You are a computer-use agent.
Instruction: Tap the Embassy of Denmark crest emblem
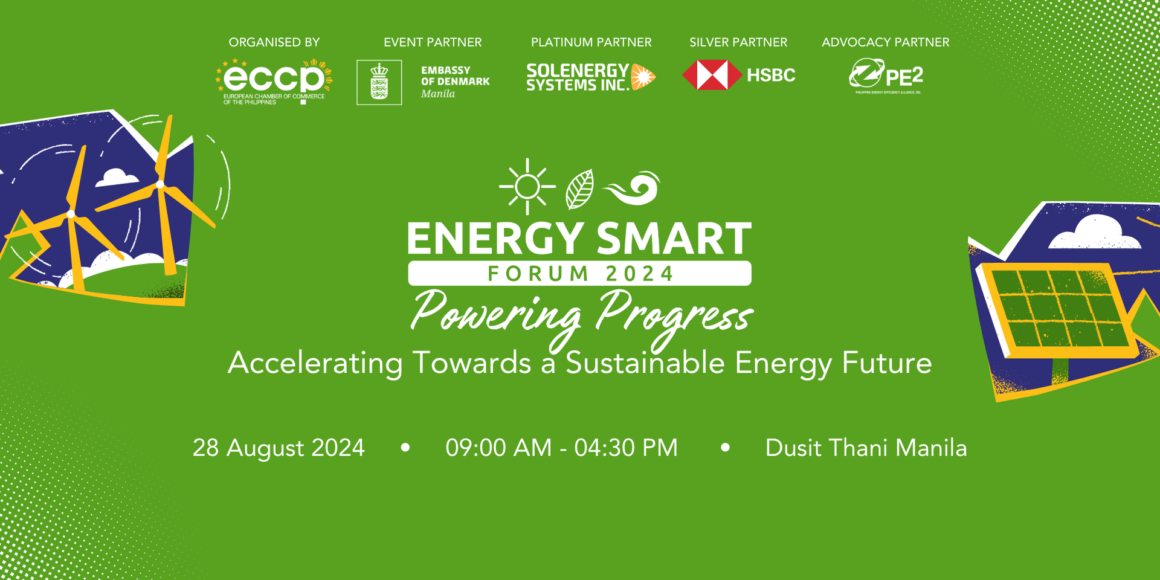pos(379,82)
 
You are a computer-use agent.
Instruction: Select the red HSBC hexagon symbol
pos(712,76)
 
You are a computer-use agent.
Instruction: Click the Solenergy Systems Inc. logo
pos(590,77)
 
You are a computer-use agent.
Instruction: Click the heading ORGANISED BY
pos(274,42)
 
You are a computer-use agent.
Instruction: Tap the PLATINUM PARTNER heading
pos(591,42)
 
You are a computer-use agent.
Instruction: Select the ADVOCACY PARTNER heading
pos(885,42)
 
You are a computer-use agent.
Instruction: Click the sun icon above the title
pos(527,187)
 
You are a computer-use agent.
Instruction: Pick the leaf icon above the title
pos(579,189)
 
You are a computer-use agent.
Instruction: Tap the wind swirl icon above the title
pos(633,188)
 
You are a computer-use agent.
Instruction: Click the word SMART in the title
pos(674,239)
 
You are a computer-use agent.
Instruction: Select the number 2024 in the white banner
pos(639,274)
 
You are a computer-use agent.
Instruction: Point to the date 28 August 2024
pos(279,448)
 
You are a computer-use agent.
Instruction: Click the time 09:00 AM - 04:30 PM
pos(561,448)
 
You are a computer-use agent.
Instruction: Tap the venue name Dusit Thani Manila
pos(866,448)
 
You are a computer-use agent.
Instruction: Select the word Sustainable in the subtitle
pos(645,363)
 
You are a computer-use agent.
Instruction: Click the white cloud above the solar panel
pos(1094,233)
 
